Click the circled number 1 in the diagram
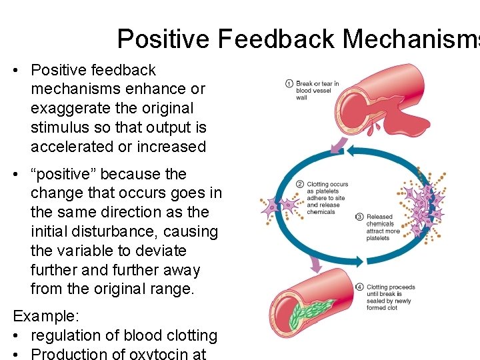point(289,84)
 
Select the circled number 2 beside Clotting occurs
point(300,184)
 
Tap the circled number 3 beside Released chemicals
point(359,217)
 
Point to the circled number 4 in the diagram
point(360,287)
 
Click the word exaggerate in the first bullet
point(65,108)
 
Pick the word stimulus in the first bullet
point(59,127)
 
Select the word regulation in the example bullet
point(69,335)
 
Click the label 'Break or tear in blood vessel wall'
point(317,91)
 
